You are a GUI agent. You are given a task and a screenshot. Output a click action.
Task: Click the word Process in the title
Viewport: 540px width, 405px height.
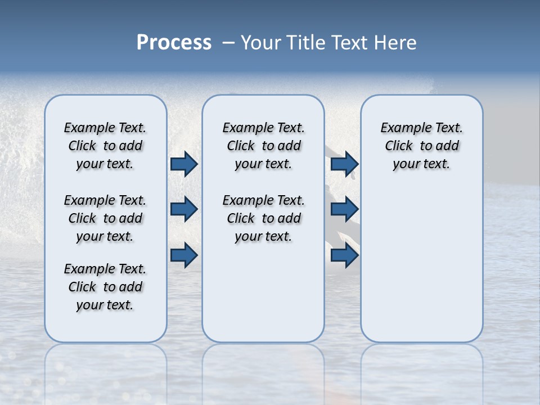coord(174,43)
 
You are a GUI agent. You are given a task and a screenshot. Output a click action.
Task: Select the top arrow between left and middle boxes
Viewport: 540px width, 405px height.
coord(184,164)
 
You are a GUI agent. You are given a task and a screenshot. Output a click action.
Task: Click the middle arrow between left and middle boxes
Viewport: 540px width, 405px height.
coord(184,209)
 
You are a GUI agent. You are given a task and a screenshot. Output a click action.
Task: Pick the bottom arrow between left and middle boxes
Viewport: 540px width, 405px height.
coord(184,255)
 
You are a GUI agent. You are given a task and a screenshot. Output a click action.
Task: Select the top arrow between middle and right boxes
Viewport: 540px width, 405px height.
coord(344,164)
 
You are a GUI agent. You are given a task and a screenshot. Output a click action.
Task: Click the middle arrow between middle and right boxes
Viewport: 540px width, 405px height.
coord(344,209)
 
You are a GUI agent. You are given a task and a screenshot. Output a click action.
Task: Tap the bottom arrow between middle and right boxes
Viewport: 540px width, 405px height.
coord(344,255)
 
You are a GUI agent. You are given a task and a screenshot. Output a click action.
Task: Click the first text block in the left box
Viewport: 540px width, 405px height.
coord(105,146)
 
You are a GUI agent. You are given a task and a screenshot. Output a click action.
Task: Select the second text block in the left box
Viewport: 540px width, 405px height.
coord(105,218)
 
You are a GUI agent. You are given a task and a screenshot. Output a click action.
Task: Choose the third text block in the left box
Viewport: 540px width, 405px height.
coord(105,287)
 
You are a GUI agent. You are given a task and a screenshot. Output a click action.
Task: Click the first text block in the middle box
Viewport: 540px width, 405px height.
coord(263,146)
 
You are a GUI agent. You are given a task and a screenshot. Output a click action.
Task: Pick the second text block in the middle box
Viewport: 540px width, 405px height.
coord(263,218)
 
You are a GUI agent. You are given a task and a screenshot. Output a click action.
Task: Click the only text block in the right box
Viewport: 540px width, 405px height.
coord(421,146)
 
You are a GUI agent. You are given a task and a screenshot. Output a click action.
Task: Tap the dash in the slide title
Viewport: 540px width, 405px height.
coord(228,43)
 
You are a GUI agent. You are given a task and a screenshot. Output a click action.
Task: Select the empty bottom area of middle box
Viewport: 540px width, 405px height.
coord(263,298)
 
